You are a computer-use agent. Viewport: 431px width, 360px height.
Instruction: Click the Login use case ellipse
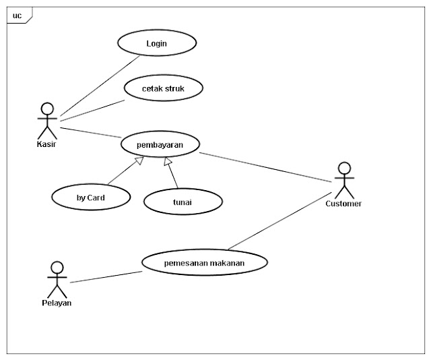157,43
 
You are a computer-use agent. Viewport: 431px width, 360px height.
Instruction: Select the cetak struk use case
164,88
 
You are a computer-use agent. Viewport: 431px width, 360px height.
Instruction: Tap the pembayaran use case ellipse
160,144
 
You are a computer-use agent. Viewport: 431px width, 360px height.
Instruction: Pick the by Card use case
91,197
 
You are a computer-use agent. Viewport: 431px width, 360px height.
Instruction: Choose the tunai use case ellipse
183,202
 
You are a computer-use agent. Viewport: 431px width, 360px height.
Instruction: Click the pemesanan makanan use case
205,262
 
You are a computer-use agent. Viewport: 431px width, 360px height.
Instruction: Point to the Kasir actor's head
47,109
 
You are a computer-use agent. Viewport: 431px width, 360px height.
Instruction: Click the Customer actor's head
344,169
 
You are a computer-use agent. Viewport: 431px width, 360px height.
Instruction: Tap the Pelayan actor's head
57,268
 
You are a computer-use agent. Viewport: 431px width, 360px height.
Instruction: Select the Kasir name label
46,144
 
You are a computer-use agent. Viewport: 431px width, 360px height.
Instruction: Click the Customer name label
343,204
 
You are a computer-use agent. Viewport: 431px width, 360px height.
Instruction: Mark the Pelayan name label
57,303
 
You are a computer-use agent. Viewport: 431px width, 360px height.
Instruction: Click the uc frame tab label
17,16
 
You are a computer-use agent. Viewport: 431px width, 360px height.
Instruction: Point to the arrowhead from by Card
140,160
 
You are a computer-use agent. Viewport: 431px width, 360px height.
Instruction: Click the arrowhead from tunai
168,161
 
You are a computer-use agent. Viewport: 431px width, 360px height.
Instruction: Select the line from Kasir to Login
100,86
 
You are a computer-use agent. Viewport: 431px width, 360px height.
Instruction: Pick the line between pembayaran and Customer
266,167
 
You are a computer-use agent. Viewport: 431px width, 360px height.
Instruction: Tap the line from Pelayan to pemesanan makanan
106,277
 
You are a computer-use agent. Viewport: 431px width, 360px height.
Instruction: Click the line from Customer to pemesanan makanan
280,221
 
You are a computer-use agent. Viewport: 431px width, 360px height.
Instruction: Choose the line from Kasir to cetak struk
92,111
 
